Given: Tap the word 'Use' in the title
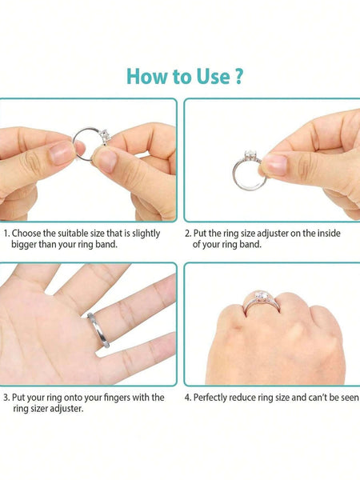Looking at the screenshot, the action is [x=213, y=76].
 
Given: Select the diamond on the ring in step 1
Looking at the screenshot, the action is [x=106, y=136].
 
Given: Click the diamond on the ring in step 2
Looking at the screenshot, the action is [x=250, y=155].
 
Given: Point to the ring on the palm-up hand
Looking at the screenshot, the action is [x=98, y=330].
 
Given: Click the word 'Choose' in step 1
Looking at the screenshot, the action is [x=26, y=234].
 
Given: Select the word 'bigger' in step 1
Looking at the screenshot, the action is [x=23, y=245].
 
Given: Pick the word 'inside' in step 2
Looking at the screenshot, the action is [x=329, y=234].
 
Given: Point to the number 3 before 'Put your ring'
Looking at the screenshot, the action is [x=6, y=398].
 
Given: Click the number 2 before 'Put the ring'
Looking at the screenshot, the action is [x=187, y=234].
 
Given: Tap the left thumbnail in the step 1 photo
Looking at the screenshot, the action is [x=61, y=154].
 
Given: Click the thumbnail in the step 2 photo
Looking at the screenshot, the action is [x=274, y=164].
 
